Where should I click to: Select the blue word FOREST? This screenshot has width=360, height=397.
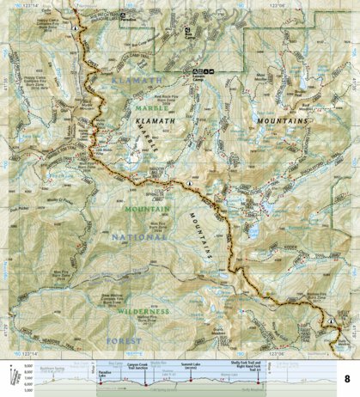coord(126,340)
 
